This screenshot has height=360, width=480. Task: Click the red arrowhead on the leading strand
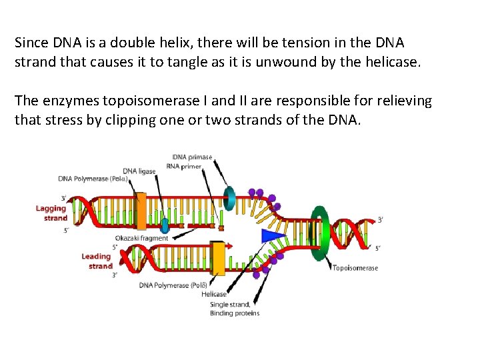coord(230,246)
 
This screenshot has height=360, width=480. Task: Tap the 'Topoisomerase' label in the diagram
coord(355,268)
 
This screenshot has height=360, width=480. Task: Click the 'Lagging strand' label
coord(51,213)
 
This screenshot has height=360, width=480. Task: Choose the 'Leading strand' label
coord(97,261)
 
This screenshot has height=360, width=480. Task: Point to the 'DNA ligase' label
coord(139,171)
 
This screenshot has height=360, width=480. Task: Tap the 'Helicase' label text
coord(214,294)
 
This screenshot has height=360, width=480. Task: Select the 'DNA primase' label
coord(192,157)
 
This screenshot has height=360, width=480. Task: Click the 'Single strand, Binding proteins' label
coord(235,309)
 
